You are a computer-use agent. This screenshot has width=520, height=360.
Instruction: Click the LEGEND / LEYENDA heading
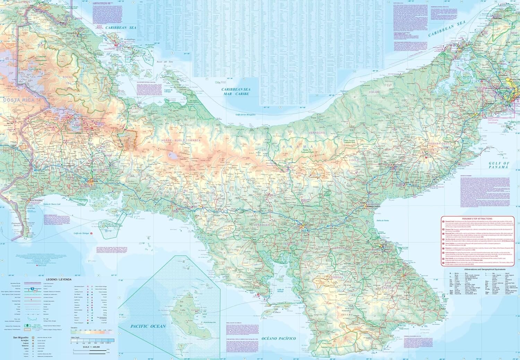58,279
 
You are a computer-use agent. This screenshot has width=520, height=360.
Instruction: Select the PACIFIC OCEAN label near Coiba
148,326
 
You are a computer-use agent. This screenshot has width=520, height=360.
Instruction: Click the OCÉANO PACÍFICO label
278,338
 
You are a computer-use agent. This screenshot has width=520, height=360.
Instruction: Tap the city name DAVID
94,181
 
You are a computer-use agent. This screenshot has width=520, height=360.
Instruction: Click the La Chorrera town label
470,113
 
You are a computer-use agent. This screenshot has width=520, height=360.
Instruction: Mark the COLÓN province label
374,92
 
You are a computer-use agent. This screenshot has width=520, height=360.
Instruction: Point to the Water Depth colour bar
92,340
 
